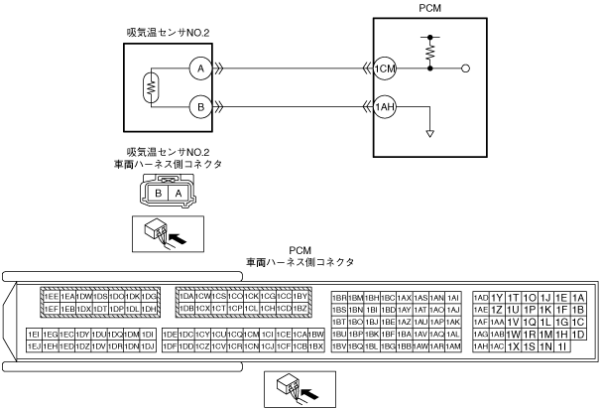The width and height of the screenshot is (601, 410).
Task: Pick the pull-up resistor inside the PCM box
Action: (x=428, y=49)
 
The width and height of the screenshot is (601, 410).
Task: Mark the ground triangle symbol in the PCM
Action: (x=429, y=132)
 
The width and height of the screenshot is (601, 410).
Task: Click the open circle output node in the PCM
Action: (x=465, y=68)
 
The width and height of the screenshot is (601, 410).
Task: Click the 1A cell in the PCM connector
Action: (x=579, y=297)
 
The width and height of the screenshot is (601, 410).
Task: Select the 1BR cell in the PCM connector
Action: (x=339, y=297)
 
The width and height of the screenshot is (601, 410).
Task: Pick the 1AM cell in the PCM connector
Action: (x=453, y=344)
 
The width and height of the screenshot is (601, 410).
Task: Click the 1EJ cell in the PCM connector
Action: (x=34, y=344)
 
